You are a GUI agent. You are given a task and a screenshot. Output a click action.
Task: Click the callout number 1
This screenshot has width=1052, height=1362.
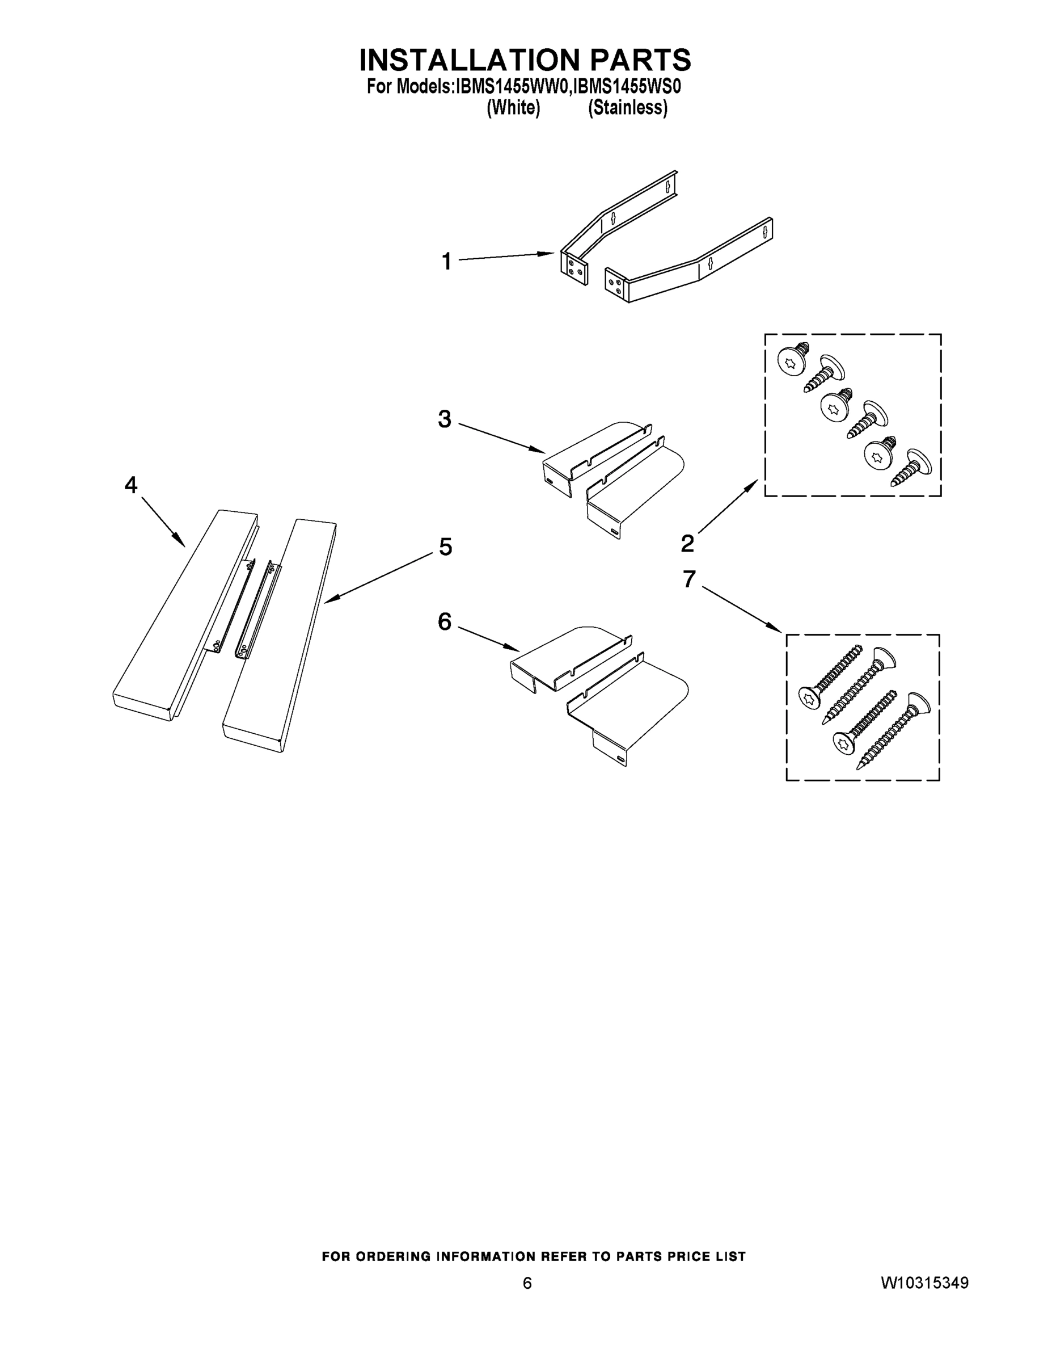[x=446, y=261]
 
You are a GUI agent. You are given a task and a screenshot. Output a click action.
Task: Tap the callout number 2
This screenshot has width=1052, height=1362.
[x=687, y=543]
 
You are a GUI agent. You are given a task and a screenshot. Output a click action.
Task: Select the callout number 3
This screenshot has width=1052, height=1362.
[x=445, y=419]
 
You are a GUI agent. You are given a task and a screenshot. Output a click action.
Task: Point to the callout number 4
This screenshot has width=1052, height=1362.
[x=131, y=485]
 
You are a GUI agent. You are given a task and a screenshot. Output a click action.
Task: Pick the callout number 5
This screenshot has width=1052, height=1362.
[x=446, y=547]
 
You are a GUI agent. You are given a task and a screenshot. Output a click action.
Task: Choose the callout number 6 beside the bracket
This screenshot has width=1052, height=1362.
[x=445, y=621]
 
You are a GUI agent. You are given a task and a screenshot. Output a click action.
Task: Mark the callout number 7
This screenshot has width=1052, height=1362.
[x=688, y=579]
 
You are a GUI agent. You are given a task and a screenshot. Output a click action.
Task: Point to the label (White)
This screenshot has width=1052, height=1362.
[x=513, y=108]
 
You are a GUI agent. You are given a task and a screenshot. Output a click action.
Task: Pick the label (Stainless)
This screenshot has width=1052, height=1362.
[x=628, y=108]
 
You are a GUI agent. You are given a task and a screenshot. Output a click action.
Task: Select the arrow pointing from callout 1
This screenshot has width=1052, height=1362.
[x=506, y=257]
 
